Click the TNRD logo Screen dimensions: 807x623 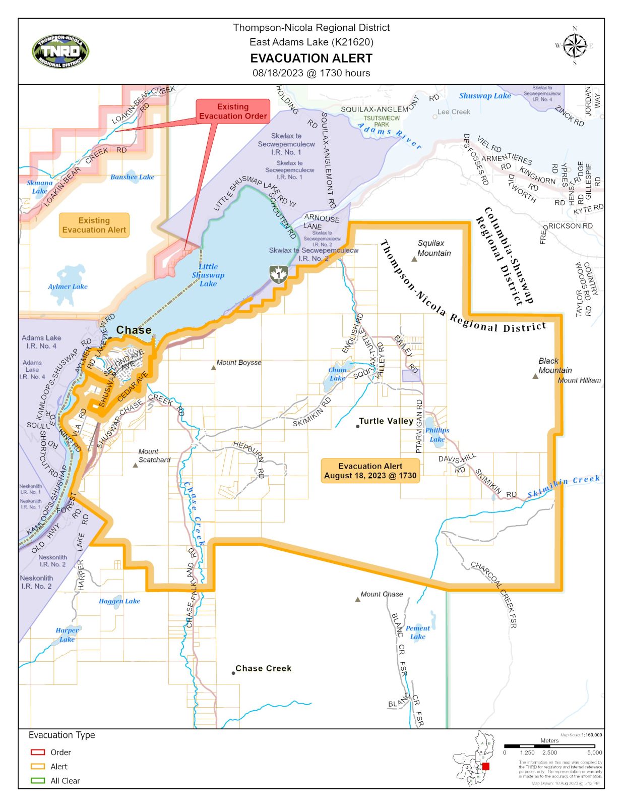(x=60, y=51)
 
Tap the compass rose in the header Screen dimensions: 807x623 (x=574, y=46)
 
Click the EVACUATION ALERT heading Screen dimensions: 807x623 (x=311, y=59)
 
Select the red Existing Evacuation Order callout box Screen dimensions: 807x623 (x=232, y=111)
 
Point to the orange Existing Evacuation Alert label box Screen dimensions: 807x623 (x=94, y=225)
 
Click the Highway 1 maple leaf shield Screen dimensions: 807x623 (x=278, y=274)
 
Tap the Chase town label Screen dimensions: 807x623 (x=134, y=330)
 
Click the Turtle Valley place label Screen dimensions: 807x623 (x=386, y=421)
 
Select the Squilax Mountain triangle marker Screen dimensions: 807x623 (x=414, y=259)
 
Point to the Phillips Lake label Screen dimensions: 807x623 (x=437, y=434)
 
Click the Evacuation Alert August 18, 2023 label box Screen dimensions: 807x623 (x=370, y=471)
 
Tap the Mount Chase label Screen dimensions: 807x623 (x=382, y=594)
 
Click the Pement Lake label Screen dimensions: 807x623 (x=418, y=632)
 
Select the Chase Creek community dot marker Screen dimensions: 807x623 (x=233, y=673)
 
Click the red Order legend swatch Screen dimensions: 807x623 (x=38, y=752)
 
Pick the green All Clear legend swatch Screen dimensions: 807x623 (x=38, y=780)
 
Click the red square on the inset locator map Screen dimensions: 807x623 (x=485, y=766)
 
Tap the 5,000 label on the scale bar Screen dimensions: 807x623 (x=594, y=753)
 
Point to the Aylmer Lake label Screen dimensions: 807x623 (x=68, y=286)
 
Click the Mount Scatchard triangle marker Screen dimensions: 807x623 (x=135, y=465)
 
